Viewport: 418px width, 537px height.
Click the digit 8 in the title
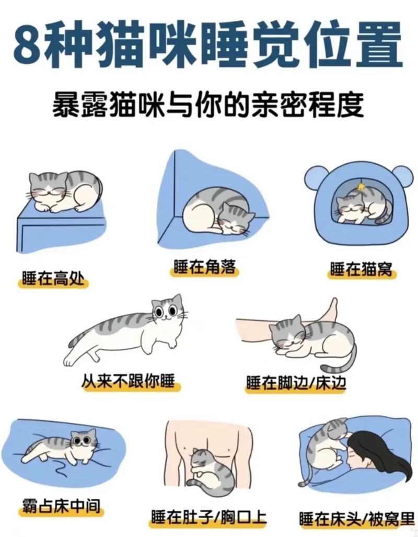(x=27, y=45)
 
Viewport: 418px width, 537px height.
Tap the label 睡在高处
(x=52, y=278)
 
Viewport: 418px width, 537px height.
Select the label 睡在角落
(x=204, y=268)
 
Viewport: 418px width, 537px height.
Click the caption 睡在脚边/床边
(x=296, y=384)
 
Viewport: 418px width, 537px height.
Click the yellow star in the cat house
(x=361, y=187)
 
